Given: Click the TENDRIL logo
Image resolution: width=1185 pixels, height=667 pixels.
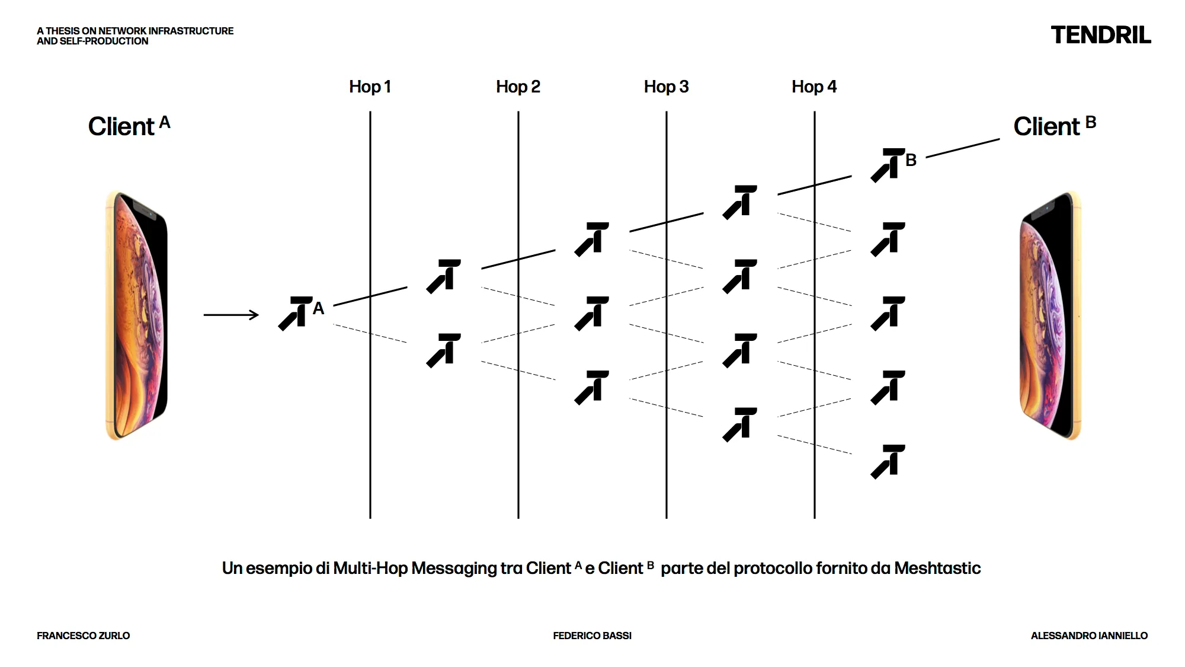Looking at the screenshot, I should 1101,35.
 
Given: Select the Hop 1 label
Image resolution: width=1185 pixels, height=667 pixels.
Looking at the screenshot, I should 370,87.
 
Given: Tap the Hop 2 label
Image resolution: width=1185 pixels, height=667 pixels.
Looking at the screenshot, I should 518,87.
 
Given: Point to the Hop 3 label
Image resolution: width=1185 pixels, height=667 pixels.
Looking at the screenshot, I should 666,87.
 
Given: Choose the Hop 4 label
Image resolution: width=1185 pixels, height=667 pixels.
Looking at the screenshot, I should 814,87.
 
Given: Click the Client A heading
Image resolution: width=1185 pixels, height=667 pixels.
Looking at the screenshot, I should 129,126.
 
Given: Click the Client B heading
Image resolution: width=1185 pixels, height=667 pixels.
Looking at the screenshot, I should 1054,126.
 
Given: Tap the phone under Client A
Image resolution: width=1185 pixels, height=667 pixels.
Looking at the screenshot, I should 137,315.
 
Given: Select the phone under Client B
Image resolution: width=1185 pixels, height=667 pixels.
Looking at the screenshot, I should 1050,315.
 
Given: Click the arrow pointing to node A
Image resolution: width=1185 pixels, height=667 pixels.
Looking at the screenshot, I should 231,315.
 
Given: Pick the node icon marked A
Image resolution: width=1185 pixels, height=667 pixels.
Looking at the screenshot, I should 296,313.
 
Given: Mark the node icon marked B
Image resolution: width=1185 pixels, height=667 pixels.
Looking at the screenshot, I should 888,165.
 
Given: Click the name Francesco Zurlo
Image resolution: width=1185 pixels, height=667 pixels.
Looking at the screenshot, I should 83,636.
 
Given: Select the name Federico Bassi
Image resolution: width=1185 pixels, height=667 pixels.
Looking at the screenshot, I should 592,636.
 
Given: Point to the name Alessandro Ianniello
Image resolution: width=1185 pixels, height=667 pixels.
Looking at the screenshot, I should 1089,636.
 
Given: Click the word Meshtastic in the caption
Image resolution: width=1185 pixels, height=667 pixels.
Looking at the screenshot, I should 937,568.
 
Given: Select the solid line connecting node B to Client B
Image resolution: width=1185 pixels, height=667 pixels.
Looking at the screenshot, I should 963,148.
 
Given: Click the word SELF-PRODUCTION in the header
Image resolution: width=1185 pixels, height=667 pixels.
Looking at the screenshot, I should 104,41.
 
